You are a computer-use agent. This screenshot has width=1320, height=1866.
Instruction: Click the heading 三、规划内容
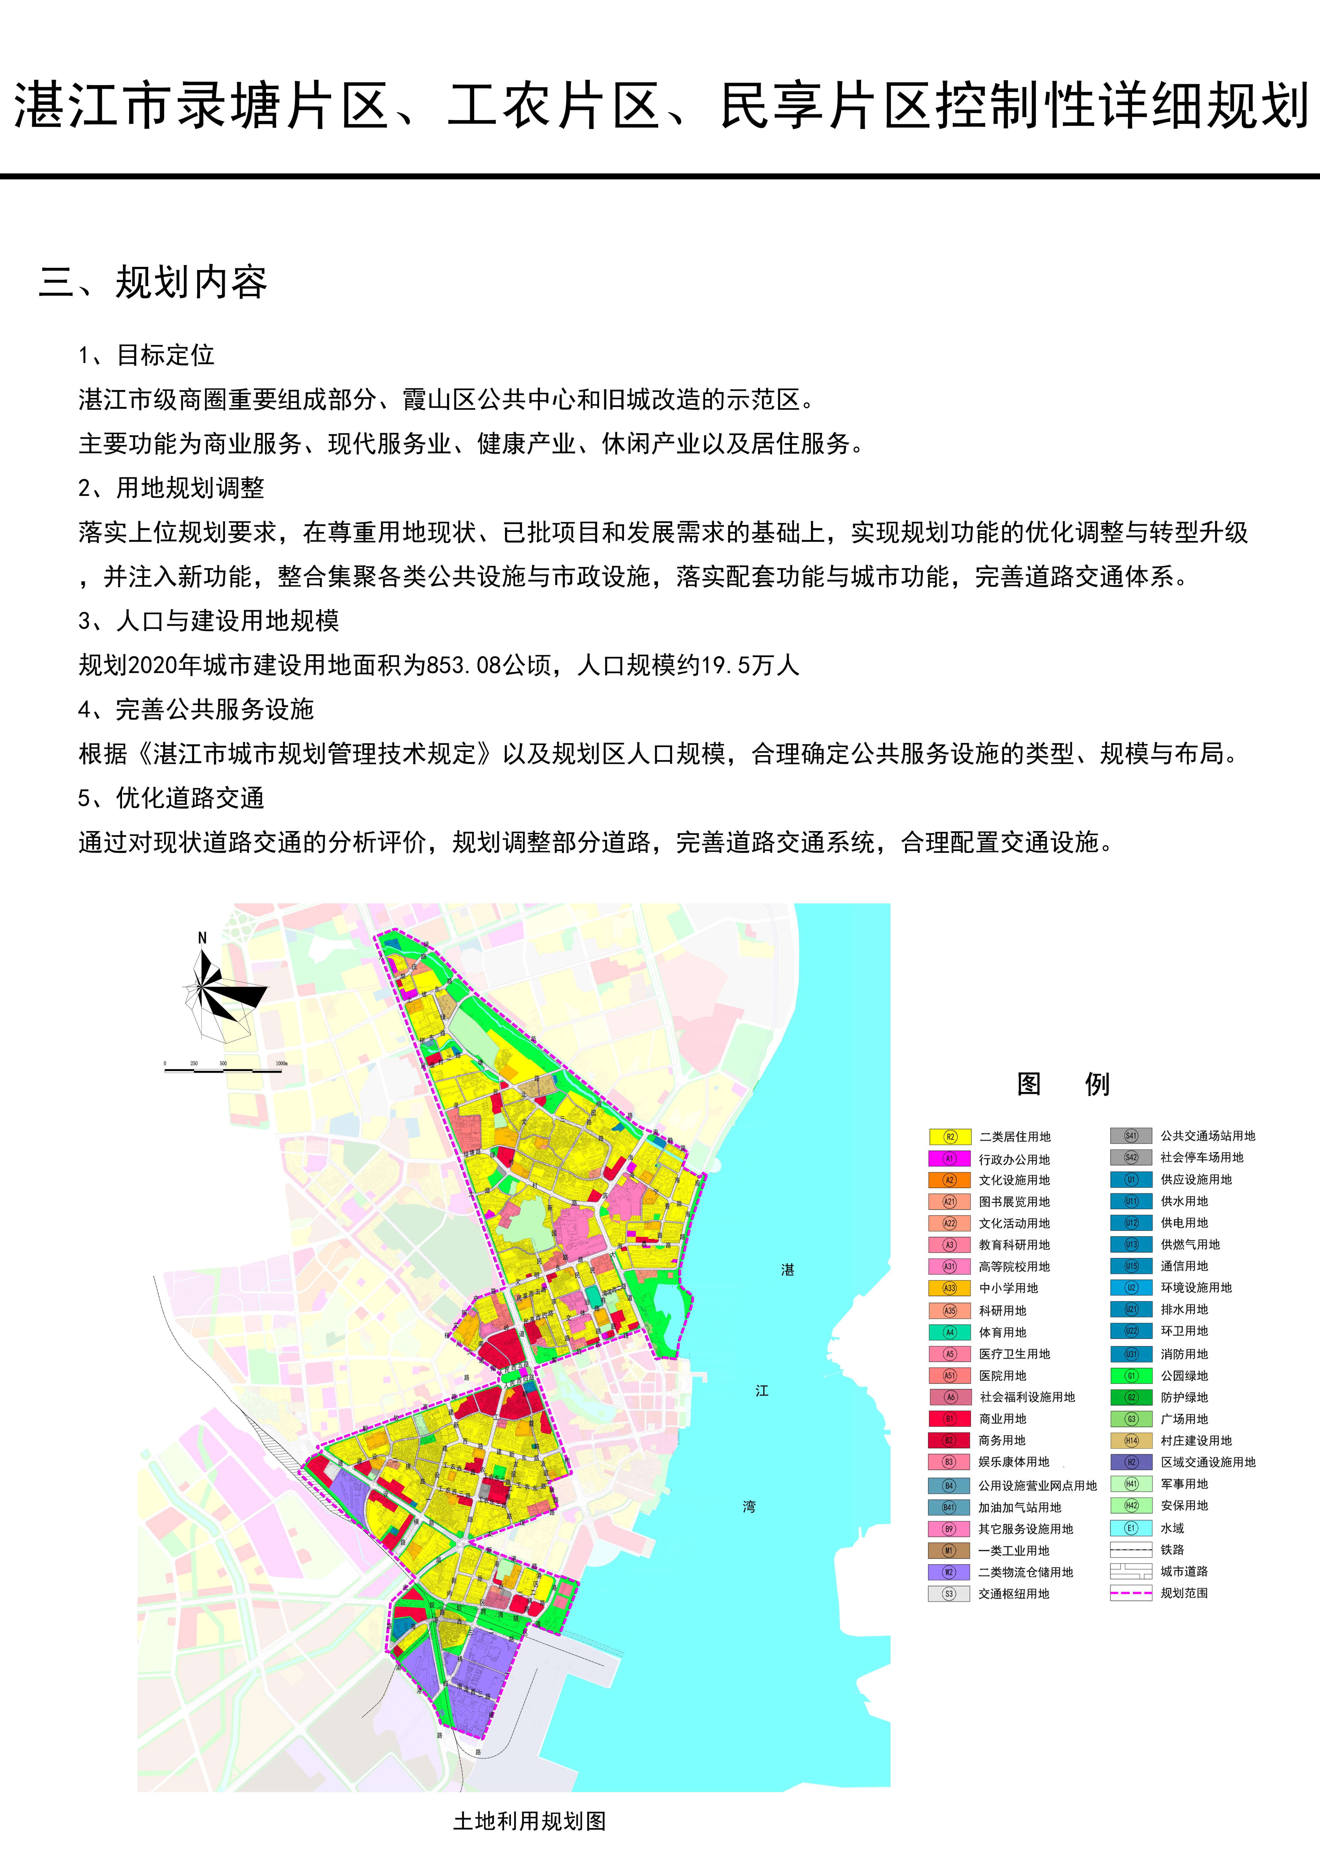[153, 282]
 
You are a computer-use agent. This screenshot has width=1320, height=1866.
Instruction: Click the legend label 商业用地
[1002, 1418]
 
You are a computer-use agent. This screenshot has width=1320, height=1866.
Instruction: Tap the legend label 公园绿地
[1184, 1375]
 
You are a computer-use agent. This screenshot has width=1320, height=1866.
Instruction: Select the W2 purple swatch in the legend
[949, 1572]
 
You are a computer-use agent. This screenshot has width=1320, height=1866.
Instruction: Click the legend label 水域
[1172, 1528]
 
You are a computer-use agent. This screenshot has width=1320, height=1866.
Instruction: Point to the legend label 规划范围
[1184, 1593]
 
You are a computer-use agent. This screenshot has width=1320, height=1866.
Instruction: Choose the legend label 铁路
[1172, 1550]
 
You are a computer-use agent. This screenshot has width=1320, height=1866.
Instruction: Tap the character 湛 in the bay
[787, 1269]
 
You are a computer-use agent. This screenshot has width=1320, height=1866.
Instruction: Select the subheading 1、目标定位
[146, 355]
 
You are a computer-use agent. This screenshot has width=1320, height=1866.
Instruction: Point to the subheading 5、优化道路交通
[171, 798]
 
